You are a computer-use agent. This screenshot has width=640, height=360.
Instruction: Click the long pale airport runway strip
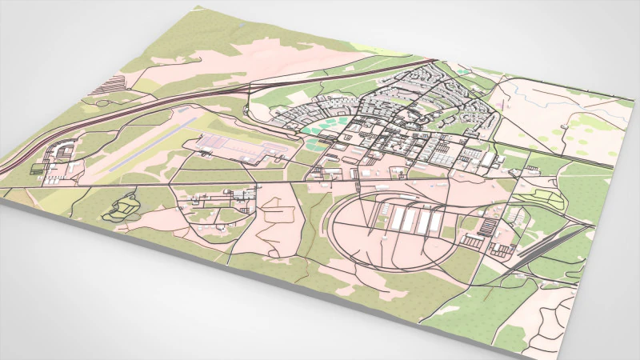pos(148,148)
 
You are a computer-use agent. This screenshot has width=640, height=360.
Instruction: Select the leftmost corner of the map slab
pos(2,192)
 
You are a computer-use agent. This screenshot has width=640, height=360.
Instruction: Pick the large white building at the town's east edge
pos(487,159)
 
